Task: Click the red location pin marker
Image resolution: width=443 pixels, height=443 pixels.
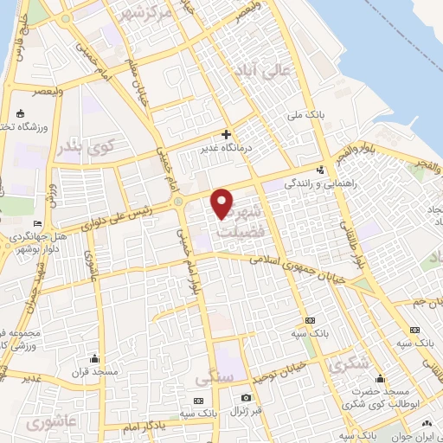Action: (223, 202)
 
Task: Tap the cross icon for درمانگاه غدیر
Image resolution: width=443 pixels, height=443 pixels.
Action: (226, 134)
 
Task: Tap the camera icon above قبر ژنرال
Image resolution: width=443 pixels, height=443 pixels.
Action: (246, 396)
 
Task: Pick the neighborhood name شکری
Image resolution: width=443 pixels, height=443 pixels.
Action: (347, 366)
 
